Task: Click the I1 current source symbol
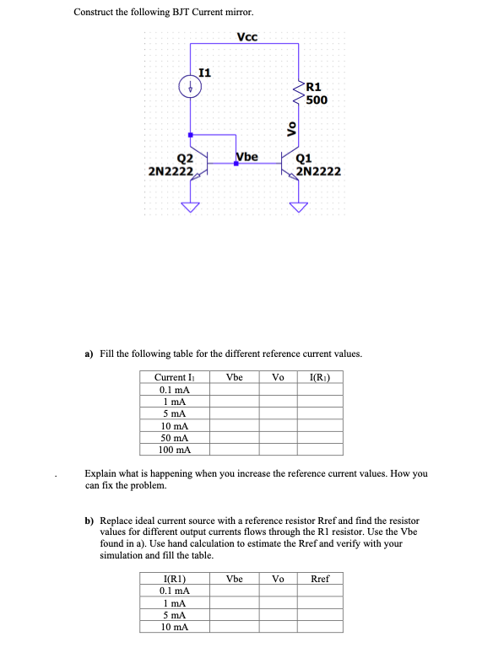192,87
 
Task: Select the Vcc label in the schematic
247,37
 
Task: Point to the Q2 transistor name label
185,158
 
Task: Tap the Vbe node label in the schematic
247,156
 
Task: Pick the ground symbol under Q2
192,206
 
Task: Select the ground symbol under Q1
298,206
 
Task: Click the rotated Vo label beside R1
292,128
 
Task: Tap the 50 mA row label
173,438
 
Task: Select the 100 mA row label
173,450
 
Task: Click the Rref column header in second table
321,579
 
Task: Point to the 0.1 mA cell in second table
173,591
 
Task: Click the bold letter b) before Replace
89,521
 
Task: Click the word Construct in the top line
95,12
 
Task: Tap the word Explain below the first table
105,473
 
